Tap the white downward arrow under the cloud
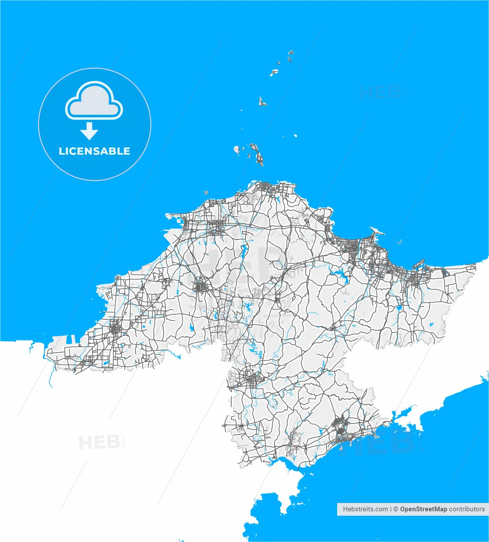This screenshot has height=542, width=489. pyautogui.click(x=89, y=131)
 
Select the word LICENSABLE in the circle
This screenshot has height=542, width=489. pyautogui.click(x=94, y=151)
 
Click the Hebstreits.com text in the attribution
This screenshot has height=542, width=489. pyautogui.click(x=365, y=509)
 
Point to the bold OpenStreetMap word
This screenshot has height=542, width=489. pyautogui.click(x=423, y=509)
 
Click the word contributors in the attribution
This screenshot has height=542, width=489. pyautogui.click(x=467, y=509)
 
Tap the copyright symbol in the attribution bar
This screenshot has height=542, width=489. pyautogui.click(x=396, y=509)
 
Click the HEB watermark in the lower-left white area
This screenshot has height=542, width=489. pyautogui.click(x=99, y=443)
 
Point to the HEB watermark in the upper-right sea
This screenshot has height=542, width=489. pyautogui.click(x=380, y=92)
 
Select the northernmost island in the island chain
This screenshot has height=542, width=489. pyautogui.click(x=291, y=53)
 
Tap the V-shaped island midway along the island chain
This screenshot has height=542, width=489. pyautogui.click(x=262, y=102)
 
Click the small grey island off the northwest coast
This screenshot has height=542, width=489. pyautogui.click(x=206, y=192)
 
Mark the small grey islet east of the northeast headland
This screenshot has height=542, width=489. pyautogui.click(x=399, y=242)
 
